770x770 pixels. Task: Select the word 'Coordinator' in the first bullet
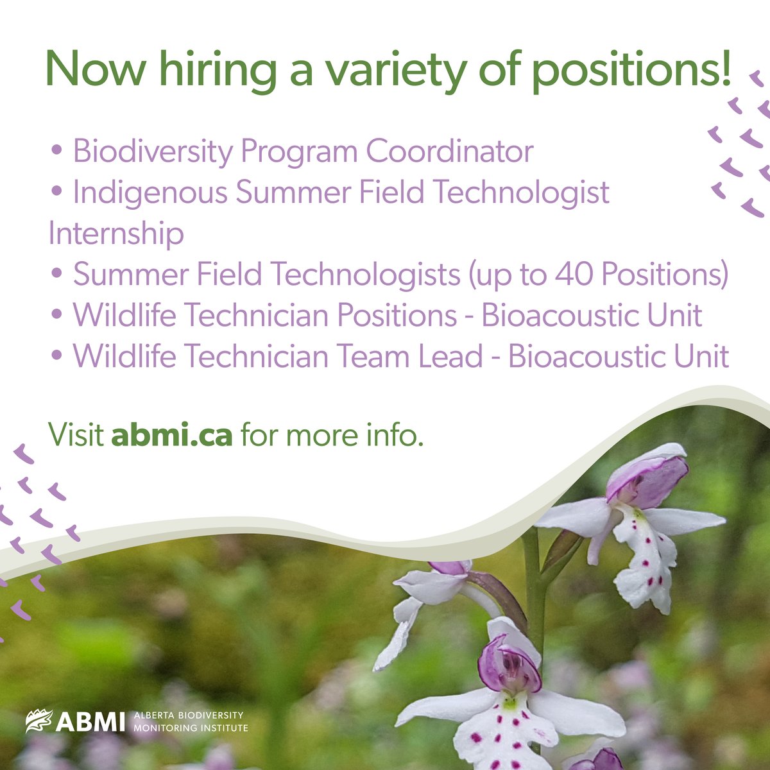click(x=449, y=151)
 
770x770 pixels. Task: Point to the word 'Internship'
click(x=116, y=234)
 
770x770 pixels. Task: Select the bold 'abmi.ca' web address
click(x=171, y=436)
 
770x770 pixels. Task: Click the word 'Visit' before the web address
click(x=76, y=436)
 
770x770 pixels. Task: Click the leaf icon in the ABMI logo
click(x=38, y=721)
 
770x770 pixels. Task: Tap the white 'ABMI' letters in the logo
click(x=90, y=722)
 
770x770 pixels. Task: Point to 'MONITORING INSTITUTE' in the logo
click(x=191, y=728)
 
